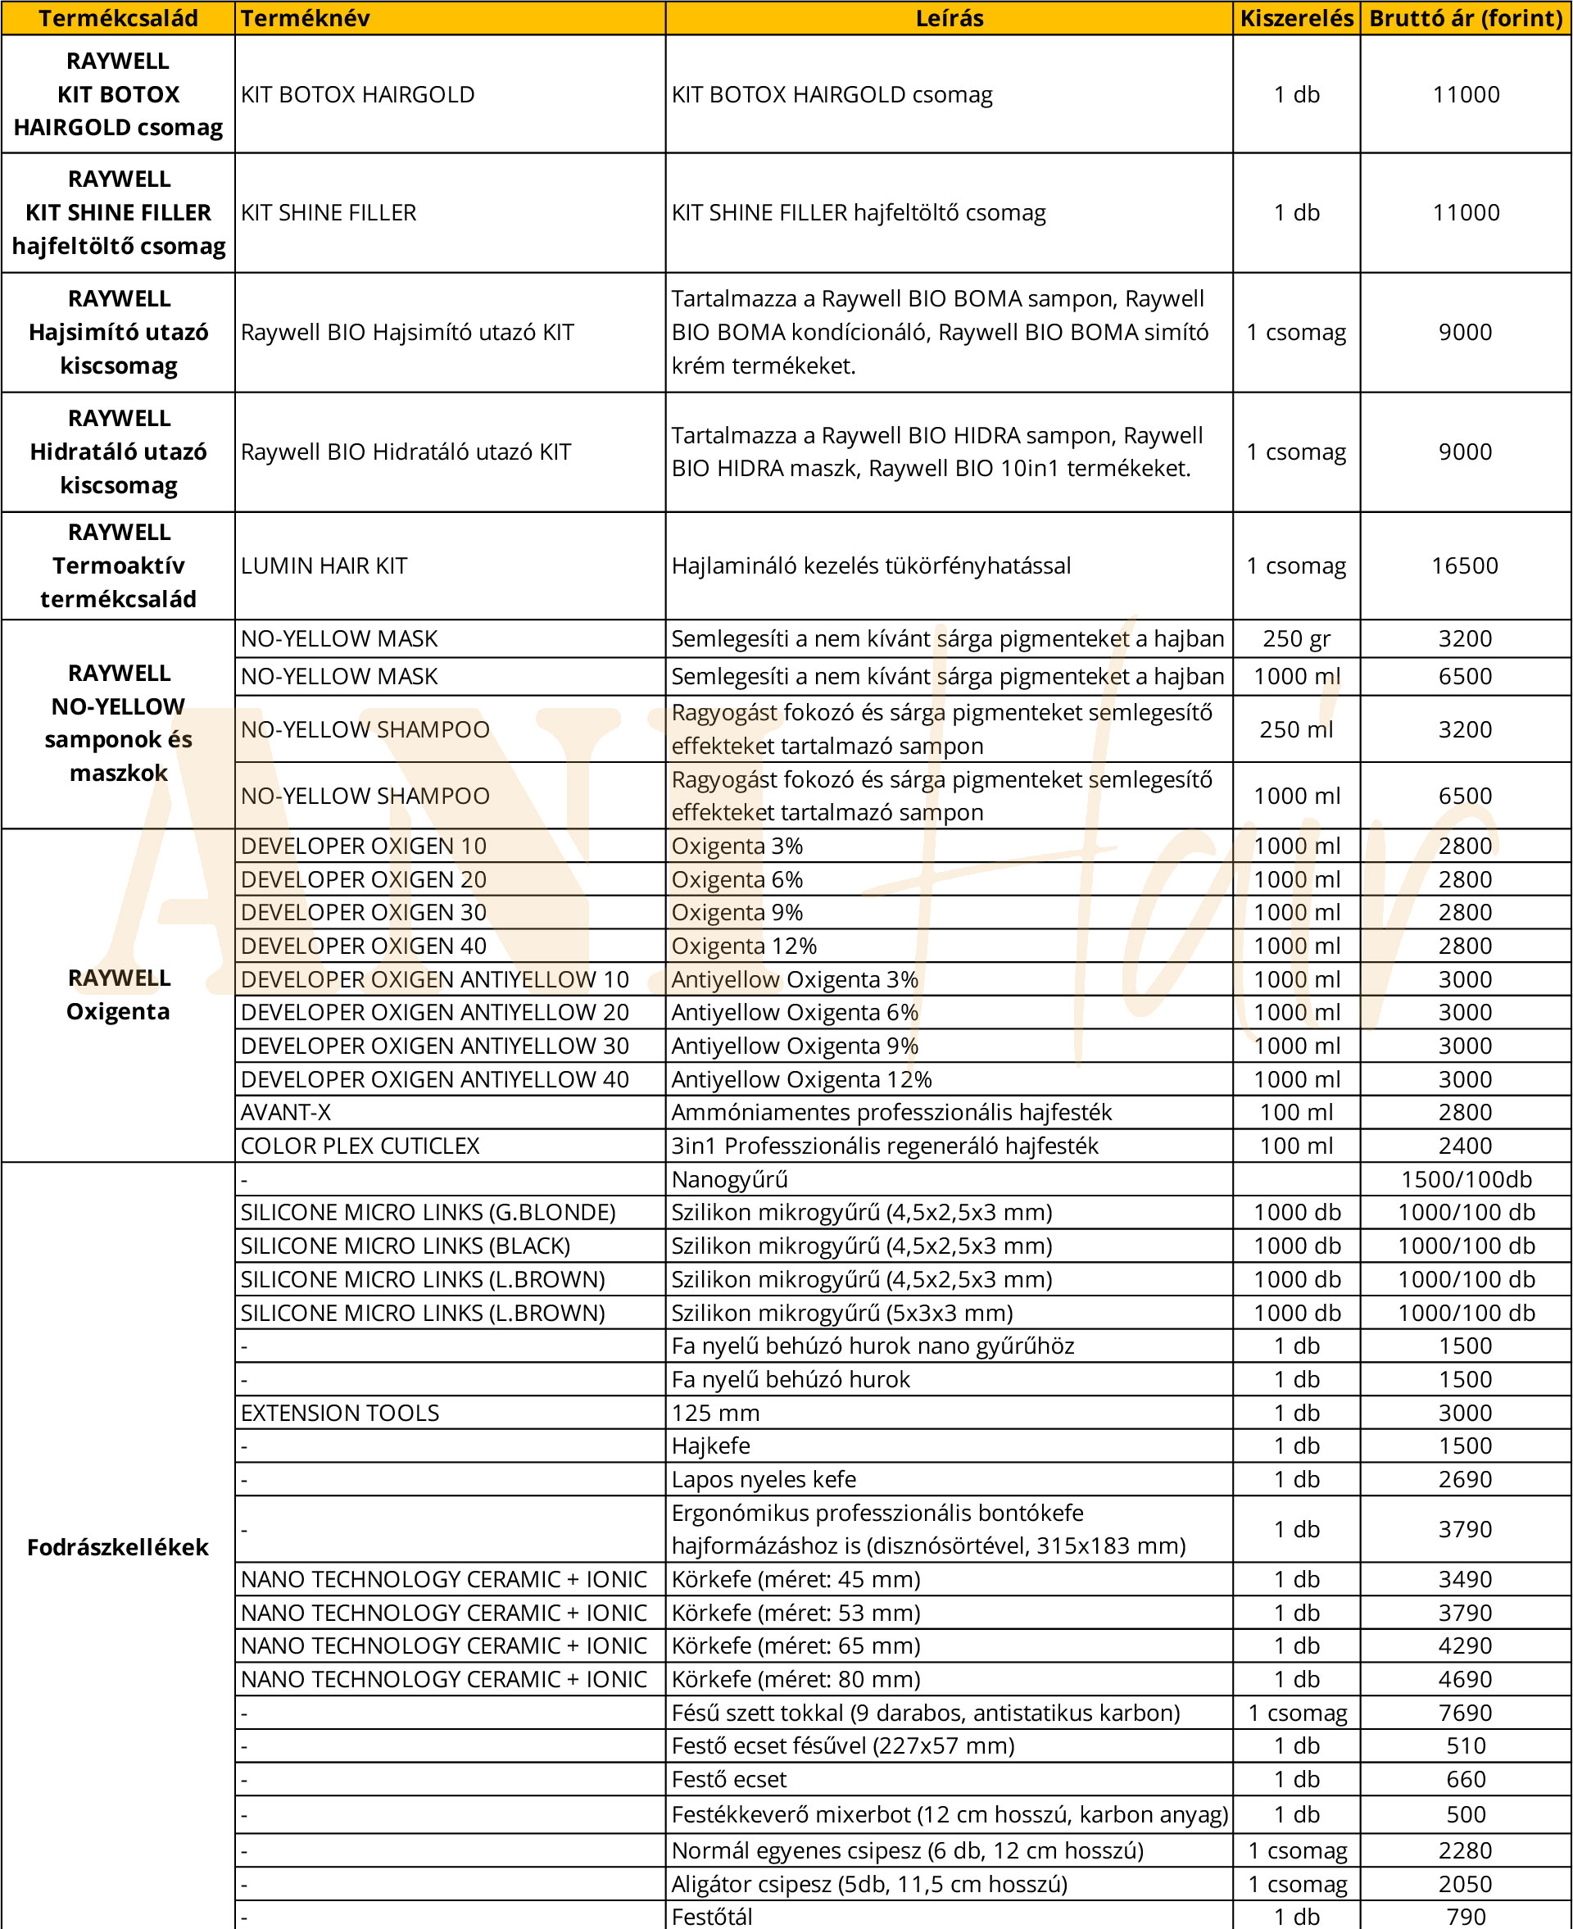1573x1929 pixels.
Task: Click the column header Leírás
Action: point(949,18)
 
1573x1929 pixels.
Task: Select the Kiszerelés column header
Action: point(1296,18)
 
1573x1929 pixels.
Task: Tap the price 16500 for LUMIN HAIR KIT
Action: point(1464,565)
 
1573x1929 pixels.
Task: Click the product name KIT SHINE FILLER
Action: point(328,212)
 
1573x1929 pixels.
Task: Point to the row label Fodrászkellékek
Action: point(118,1546)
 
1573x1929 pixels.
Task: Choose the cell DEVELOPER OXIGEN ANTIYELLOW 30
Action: point(434,1046)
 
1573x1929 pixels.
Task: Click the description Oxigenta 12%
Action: point(743,946)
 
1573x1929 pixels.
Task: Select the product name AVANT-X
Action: point(285,1112)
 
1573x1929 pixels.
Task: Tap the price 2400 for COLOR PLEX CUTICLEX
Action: point(1464,1146)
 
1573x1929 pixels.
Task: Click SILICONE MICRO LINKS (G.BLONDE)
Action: point(428,1212)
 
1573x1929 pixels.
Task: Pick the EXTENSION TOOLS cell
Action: point(340,1413)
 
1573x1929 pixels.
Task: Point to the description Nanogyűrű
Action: point(729,1178)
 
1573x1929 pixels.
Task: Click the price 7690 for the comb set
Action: point(1464,1713)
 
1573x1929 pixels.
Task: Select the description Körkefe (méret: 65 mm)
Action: point(796,1645)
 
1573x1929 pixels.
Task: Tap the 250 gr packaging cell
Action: point(1296,639)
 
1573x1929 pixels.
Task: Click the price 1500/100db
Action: point(1465,1178)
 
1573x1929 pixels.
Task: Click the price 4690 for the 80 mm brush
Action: point(1464,1679)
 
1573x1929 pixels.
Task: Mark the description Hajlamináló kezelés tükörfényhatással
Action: point(870,565)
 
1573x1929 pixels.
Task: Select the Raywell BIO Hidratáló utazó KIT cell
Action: point(406,452)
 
